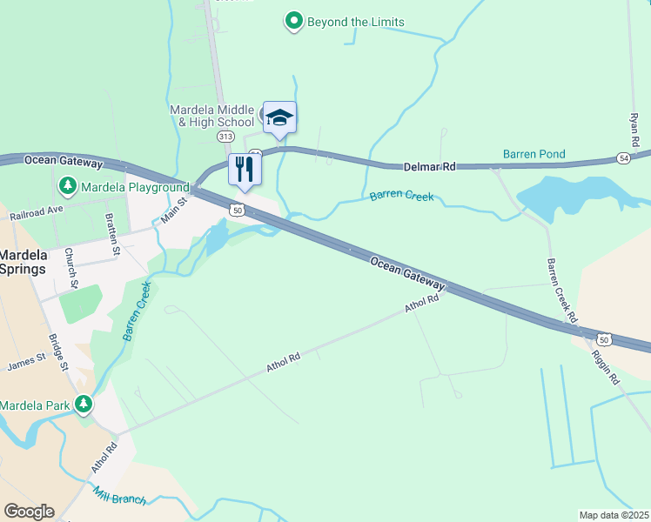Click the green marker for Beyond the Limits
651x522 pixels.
tap(294, 21)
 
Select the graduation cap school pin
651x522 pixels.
tap(279, 117)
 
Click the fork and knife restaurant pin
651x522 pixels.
tap(245, 168)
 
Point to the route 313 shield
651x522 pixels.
tap(226, 137)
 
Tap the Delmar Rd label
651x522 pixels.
tap(430, 166)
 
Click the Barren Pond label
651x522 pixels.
tap(534, 154)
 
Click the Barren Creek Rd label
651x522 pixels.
tap(561, 291)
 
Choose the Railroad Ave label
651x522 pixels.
tap(37, 211)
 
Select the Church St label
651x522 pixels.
tap(73, 271)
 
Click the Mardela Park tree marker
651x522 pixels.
tap(84, 405)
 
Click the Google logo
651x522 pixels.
tap(29, 511)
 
